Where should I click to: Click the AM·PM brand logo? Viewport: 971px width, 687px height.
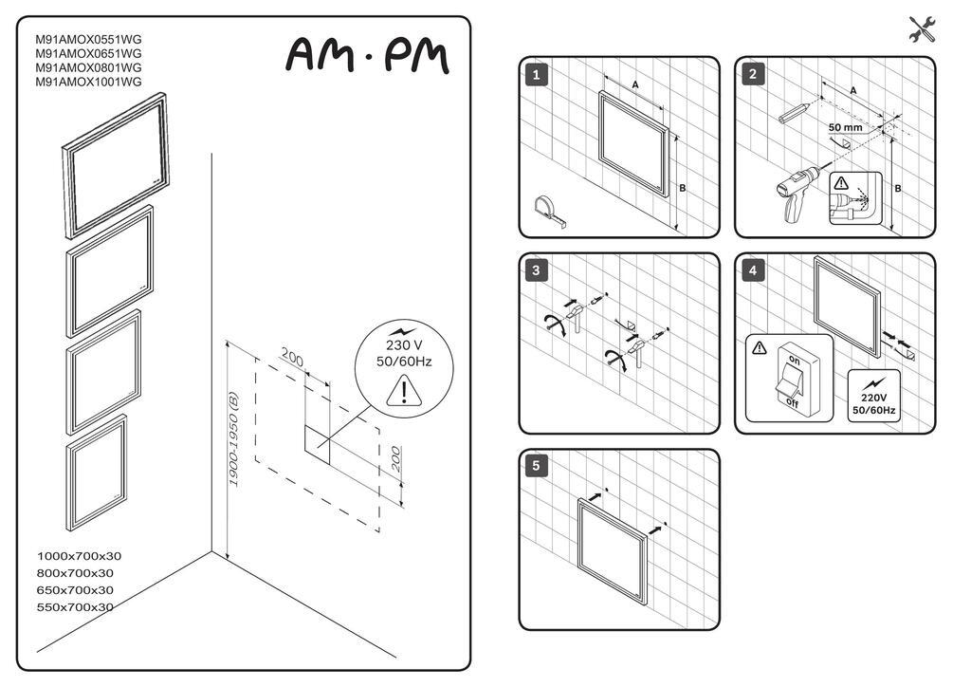(367, 55)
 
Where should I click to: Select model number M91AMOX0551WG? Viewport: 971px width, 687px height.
(88, 39)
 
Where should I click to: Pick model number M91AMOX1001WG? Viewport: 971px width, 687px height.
(88, 82)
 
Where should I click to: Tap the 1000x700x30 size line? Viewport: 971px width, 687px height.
(80, 556)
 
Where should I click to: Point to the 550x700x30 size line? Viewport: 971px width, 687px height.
(75, 607)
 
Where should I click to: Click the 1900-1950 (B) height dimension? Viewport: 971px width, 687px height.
(233, 438)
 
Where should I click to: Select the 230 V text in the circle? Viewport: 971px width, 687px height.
(404, 345)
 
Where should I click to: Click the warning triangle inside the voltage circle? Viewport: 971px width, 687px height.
(404, 392)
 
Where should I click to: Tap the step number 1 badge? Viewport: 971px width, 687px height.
(537, 75)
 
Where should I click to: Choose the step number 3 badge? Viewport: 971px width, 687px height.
(537, 270)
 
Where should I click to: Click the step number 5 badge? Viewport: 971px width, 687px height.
(537, 466)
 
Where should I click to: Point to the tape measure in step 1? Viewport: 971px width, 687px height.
(549, 211)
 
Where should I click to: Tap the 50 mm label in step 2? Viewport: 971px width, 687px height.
(845, 127)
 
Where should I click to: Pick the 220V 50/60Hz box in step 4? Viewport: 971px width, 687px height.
(873, 397)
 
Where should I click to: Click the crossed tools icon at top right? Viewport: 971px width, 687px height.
(922, 29)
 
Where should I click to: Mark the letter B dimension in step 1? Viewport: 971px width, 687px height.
(683, 188)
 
